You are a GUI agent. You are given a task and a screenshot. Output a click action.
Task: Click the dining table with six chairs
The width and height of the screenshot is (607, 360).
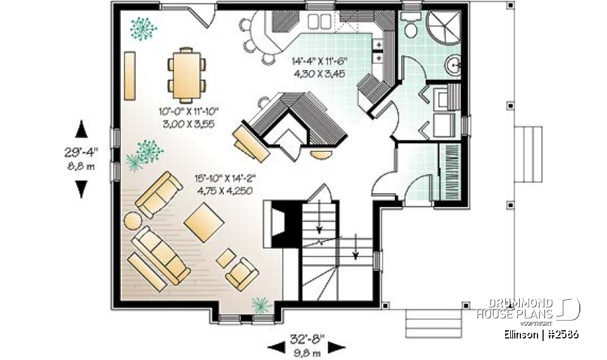tap(187, 75)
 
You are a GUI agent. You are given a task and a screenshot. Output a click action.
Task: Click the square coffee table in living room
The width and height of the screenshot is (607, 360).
tap(204, 223)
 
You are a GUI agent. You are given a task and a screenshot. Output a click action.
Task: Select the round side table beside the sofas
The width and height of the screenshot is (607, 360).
tap(133, 220)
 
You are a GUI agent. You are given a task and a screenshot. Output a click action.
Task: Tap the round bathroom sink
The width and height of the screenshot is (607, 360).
tap(454, 65)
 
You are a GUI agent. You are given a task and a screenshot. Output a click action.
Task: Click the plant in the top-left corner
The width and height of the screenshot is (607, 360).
tap(144, 28)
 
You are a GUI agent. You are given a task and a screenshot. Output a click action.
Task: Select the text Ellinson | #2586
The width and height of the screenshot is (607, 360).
tap(542, 334)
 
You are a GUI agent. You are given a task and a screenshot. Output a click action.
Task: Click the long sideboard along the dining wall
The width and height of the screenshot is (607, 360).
tap(130, 75)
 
